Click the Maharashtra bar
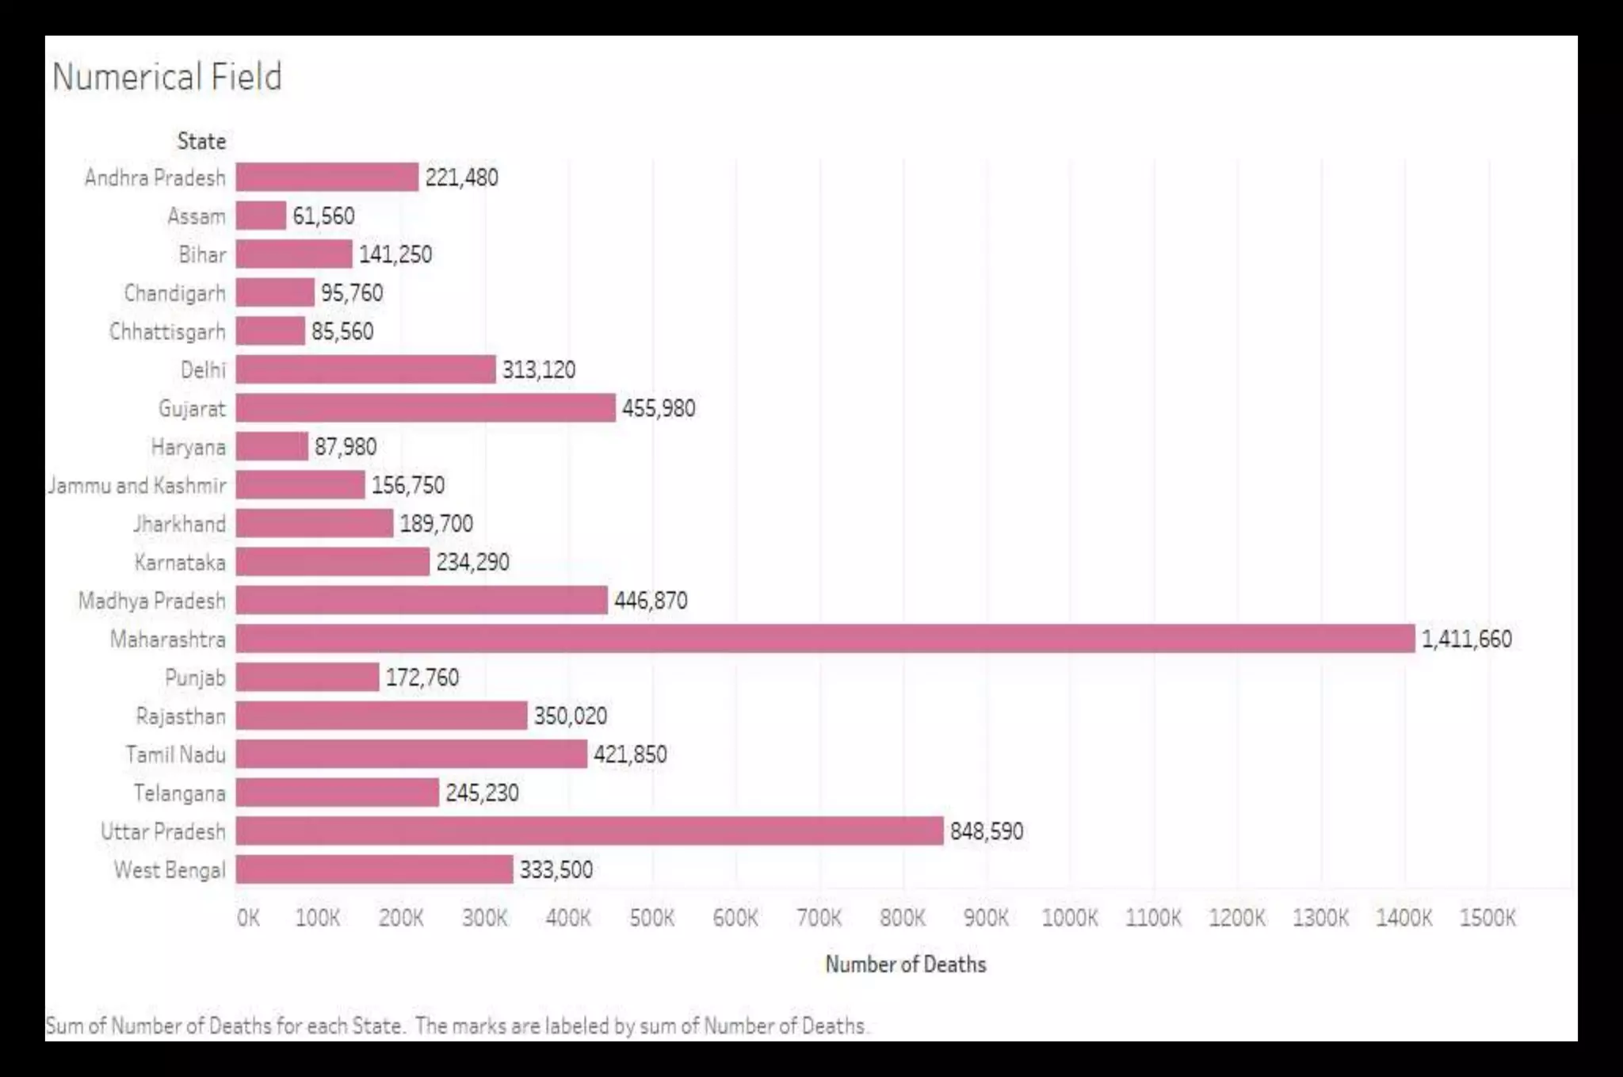tap(824, 639)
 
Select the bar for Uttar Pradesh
tap(589, 831)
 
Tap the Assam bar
tap(261, 216)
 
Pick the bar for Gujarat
tap(425, 408)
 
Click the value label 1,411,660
tap(1466, 639)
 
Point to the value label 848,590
tap(987, 831)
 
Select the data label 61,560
tap(323, 216)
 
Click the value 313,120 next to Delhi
tap(539, 369)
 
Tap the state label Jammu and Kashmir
tap(137, 485)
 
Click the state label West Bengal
tap(170, 870)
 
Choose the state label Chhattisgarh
tap(167, 331)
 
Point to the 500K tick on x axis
tap(651, 918)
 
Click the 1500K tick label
tap(1487, 918)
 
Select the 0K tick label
tap(248, 918)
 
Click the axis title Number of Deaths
tap(906, 964)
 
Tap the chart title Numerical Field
tap(166, 77)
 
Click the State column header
tap(201, 141)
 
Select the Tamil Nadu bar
tap(411, 754)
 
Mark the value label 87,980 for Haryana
tap(346, 447)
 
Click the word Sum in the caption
tap(64, 1025)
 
